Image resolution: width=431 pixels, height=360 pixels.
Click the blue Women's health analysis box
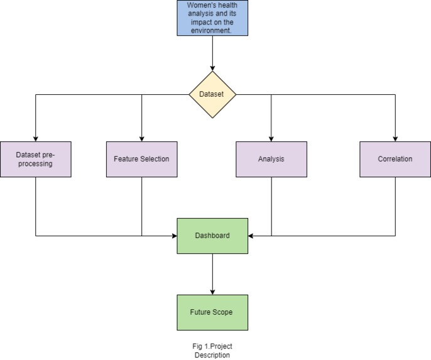pyautogui.click(x=212, y=18)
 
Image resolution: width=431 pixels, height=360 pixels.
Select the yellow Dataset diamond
pyautogui.click(x=212, y=95)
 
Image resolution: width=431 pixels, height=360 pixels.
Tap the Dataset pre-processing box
pyautogui.click(x=35, y=159)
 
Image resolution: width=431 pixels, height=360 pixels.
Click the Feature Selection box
pyautogui.click(x=141, y=159)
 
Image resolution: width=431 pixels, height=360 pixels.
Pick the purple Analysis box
pyautogui.click(x=271, y=159)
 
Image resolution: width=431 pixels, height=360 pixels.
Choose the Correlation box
pyautogui.click(x=395, y=159)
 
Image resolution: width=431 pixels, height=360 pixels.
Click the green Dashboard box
pyautogui.click(x=212, y=236)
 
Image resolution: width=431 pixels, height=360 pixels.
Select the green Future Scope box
pyautogui.click(x=212, y=312)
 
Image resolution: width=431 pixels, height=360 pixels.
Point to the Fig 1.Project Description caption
pyautogui.click(x=212, y=351)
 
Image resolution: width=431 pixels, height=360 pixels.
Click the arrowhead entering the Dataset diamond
pyautogui.click(x=212, y=68)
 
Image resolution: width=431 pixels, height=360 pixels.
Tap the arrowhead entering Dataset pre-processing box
pyautogui.click(x=35, y=138)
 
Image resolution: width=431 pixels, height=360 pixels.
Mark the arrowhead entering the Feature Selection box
pyautogui.click(x=141, y=138)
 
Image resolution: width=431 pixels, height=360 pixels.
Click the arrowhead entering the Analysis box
pyautogui.click(x=271, y=138)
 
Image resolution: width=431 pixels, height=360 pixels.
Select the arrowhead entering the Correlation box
pyautogui.click(x=395, y=138)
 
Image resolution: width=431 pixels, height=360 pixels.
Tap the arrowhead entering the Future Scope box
pyautogui.click(x=212, y=292)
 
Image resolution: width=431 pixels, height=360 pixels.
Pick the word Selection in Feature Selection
pyautogui.click(x=155, y=159)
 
